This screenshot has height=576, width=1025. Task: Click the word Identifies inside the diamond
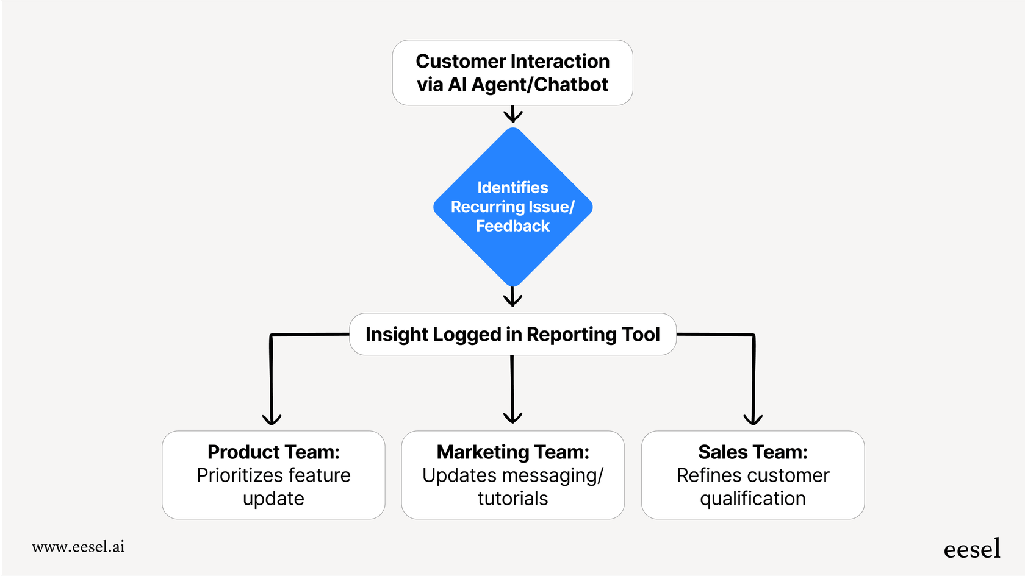[x=512, y=188]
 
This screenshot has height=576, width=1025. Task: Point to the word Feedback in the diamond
[x=512, y=226]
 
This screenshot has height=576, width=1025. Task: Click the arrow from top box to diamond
[x=513, y=115]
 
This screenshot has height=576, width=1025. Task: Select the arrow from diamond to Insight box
[x=512, y=297]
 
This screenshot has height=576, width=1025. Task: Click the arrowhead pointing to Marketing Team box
[x=512, y=417]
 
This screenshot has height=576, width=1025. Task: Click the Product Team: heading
[x=273, y=452]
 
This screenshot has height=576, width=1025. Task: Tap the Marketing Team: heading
[x=512, y=452]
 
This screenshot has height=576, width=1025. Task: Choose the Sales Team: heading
[x=753, y=452]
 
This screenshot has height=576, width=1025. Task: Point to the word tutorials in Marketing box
[x=512, y=499]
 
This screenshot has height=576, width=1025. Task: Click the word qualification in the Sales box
[x=753, y=499]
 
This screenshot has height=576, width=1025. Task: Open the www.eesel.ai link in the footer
[x=78, y=547]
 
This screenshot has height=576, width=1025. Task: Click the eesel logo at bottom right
[x=972, y=549]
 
